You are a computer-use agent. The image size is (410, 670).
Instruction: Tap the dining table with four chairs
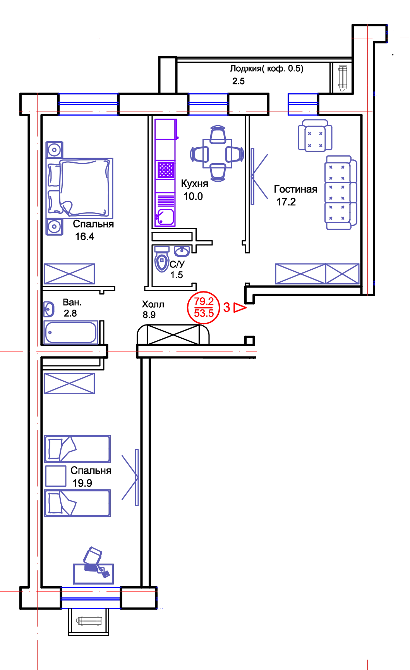tap(218, 154)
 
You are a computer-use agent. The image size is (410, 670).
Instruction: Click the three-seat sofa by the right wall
tap(340, 194)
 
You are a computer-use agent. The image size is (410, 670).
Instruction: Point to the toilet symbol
tap(162, 260)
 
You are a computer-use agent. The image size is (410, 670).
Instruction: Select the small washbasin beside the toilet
tap(182, 251)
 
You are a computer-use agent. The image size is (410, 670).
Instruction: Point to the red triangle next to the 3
tap(240, 308)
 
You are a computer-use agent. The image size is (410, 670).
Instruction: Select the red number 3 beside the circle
tap(227, 308)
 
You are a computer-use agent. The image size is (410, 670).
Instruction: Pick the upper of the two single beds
tap(77, 449)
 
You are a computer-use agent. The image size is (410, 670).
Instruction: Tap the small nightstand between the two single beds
tap(56, 476)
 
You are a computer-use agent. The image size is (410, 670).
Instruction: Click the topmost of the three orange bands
tap(280, 370)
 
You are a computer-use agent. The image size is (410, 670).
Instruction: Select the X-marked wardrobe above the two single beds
tap(70, 384)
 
